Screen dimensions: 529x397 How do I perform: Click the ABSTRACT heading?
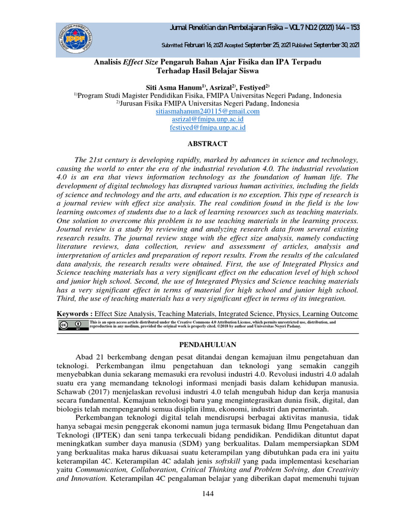click(207, 144)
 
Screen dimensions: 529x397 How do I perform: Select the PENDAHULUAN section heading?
click(207, 345)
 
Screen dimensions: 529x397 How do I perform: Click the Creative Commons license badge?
click(71, 325)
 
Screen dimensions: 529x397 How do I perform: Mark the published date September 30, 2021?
click(337, 45)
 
